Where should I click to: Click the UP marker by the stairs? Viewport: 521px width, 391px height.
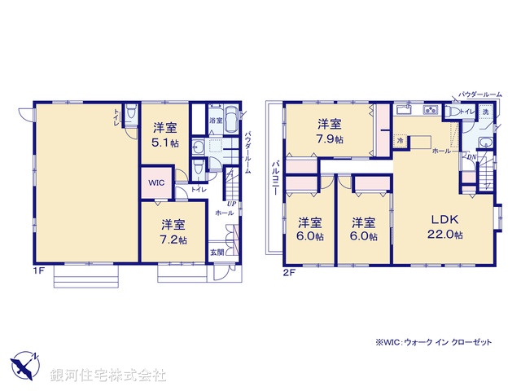(231, 203)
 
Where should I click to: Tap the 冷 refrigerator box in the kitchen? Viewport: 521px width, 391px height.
(400, 141)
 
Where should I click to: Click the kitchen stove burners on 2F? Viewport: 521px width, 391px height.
(431, 112)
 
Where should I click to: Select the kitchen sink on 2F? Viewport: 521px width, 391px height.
(402, 110)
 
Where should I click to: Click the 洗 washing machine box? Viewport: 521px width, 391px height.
(485, 112)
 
